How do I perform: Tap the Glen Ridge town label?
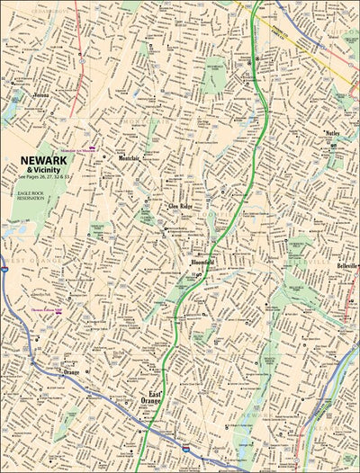[181, 206]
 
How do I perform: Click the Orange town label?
[72, 370]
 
